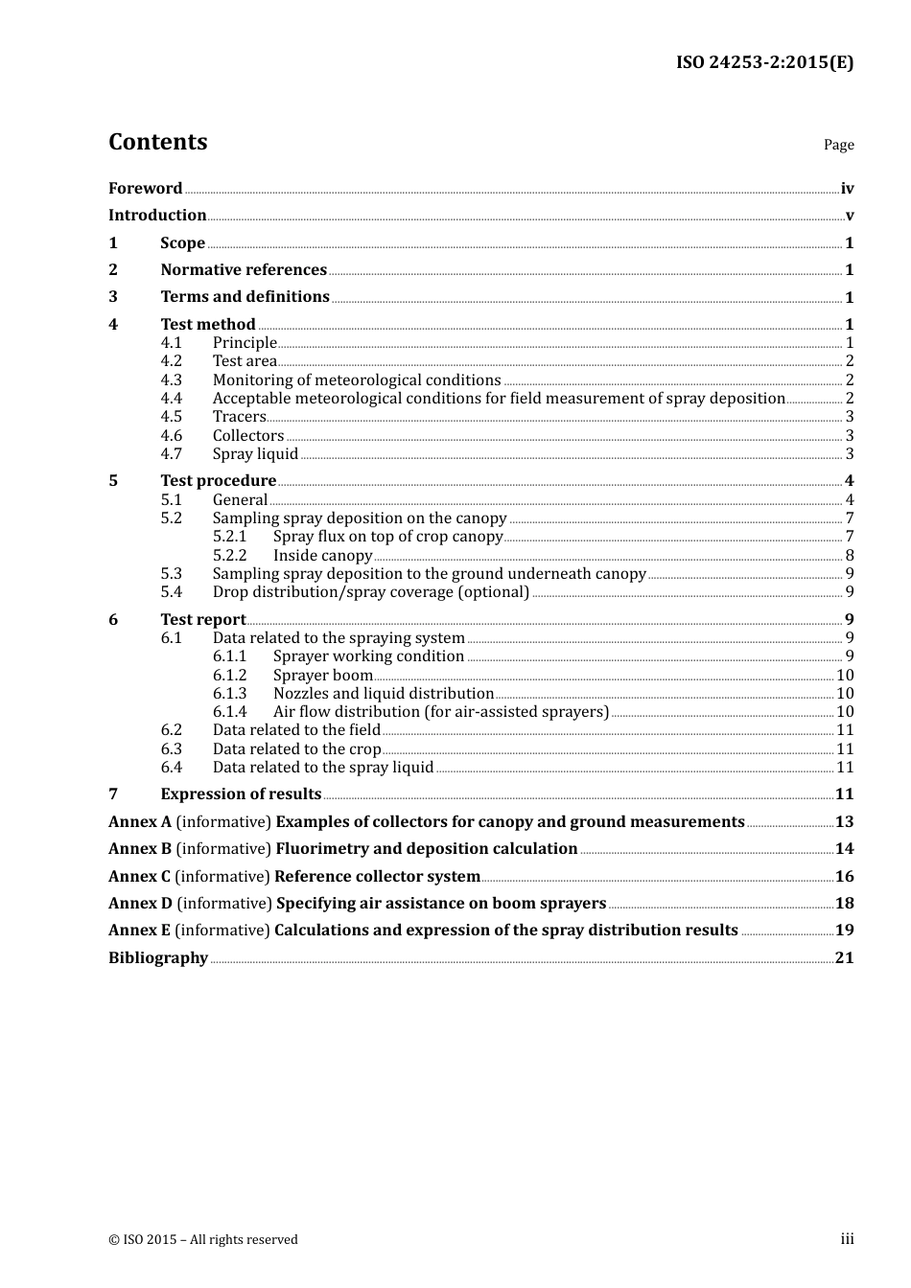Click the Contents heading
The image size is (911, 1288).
pos(157,142)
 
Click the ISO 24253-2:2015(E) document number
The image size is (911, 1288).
pos(764,62)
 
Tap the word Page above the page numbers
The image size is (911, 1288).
pos(838,145)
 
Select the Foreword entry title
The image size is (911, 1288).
pos(145,189)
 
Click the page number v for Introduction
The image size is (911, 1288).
pos(849,216)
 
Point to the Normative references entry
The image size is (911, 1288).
pos(244,270)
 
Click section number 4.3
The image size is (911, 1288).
pos(171,380)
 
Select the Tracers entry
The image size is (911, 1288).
pos(239,417)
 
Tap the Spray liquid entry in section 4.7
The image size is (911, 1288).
pos(255,454)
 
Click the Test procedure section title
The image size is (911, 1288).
pos(218,481)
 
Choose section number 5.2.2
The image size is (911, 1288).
pos(229,556)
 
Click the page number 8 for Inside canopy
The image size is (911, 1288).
pos(849,556)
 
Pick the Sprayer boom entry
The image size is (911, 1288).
pos(322,676)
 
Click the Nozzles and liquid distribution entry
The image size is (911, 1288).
pos(383,694)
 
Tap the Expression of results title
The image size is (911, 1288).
pos(241,794)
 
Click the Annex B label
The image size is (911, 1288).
pos(140,849)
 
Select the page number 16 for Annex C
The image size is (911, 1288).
pos(844,877)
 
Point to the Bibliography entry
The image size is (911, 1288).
pos(158,958)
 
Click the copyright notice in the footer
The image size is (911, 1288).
pos(203,1240)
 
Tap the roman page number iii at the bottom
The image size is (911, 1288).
pos(847,1239)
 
